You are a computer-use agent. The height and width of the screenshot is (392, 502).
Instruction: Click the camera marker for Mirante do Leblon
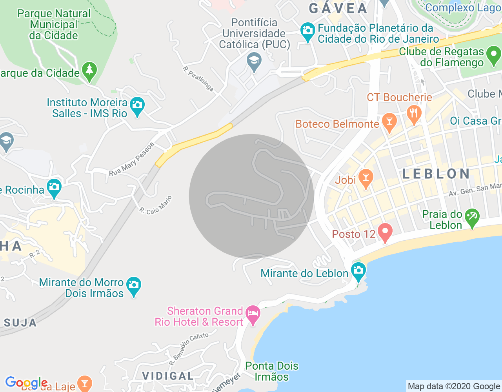click(358, 271)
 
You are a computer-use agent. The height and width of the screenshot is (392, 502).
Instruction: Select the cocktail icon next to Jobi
click(366, 178)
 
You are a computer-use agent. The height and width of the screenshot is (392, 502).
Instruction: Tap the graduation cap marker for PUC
click(254, 62)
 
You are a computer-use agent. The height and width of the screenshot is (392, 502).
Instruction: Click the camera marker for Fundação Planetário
click(307, 31)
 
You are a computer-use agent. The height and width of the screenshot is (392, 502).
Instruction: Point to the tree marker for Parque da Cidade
click(89, 71)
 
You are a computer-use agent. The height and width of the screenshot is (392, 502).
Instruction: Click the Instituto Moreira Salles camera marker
click(137, 105)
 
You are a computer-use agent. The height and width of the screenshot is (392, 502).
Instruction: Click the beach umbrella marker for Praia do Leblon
click(472, 217)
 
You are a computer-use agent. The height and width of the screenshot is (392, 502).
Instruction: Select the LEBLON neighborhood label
click(436, 174)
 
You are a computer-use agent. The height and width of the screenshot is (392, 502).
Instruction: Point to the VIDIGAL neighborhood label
click(168, 376)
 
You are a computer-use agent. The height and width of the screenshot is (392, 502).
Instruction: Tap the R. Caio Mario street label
click(156, 205)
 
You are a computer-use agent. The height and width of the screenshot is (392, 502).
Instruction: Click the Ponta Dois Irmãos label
click(272, 371)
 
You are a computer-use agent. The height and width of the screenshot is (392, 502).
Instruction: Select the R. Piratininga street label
click(198, 79)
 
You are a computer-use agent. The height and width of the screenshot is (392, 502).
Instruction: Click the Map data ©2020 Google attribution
click(454, 387)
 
